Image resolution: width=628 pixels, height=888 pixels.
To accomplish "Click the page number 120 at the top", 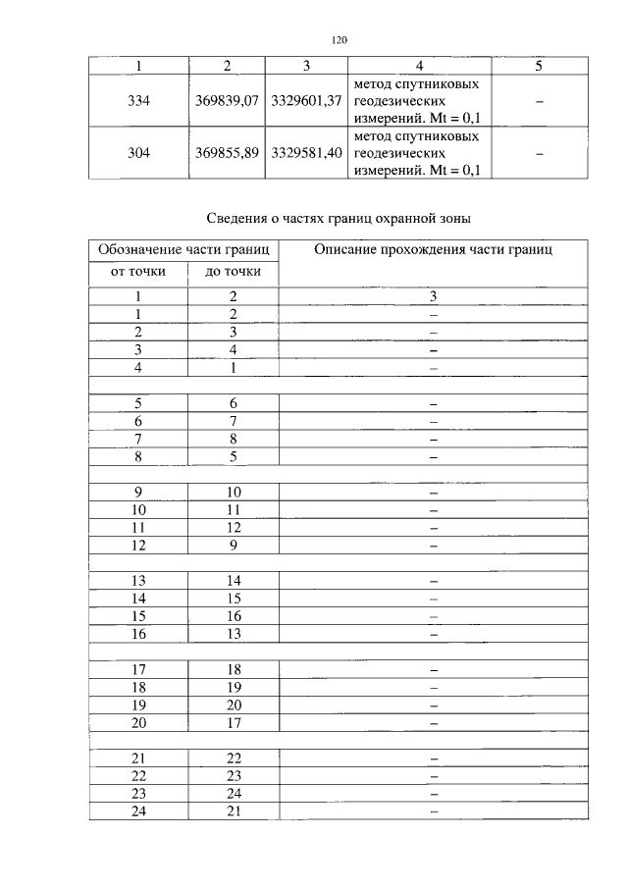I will pos(340,40).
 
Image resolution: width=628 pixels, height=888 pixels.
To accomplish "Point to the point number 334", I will pos(138,101).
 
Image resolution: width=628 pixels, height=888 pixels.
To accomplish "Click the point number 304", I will pos(138,153).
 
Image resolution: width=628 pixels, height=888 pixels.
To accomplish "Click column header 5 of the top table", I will pos(539,66).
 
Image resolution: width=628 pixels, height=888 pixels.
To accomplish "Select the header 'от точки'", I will pos(138,271).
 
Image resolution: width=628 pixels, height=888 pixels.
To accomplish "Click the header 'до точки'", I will pos(233,271).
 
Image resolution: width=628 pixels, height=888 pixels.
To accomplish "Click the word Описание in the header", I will pos(344,249).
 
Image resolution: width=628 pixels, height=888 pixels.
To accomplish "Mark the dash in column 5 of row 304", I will pos(539,153).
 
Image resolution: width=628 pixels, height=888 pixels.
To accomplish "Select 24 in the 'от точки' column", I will pos(138,811).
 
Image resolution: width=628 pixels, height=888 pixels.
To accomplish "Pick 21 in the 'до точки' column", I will pos(234,811).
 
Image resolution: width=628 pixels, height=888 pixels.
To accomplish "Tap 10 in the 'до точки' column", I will pos(234,492).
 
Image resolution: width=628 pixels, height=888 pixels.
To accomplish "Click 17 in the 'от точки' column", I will pos(138,669).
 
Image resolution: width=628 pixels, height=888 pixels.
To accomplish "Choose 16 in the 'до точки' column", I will pos(234,616).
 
